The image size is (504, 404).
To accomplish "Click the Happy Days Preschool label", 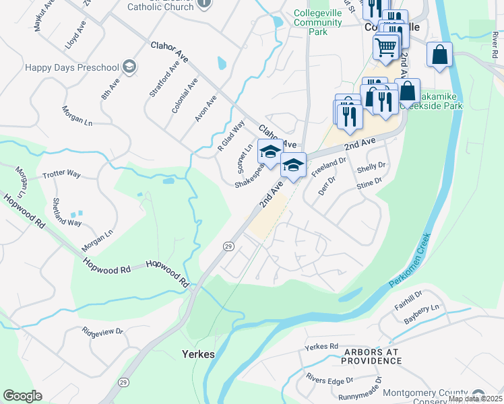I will [71, 67].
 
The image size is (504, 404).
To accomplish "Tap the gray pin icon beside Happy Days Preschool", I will [129, 67].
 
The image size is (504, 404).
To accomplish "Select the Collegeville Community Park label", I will [318, 22].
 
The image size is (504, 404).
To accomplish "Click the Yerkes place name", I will [199, 354].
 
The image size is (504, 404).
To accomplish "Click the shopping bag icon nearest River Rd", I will [439, 56].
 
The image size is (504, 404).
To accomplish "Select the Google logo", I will [22, 396].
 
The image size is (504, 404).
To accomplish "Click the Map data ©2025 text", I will [475, 399].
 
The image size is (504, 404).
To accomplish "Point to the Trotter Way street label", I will [61, 174].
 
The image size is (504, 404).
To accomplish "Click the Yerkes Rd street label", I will [321, 347].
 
